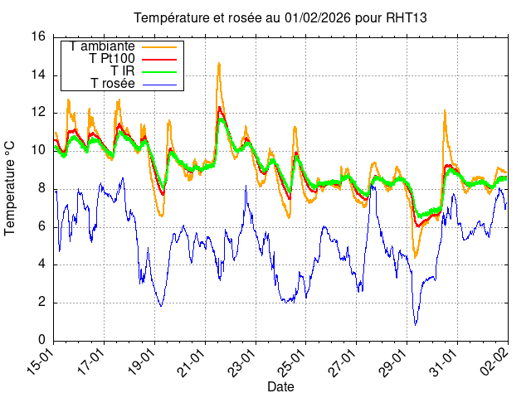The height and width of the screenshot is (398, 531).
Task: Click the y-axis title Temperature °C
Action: (x=11, y=187)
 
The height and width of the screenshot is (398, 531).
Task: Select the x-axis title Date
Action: (x=280, y=386)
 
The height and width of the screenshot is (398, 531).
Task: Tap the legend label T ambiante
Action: (x=103, y=46)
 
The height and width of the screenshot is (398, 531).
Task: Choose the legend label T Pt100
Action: (x=112, y=59)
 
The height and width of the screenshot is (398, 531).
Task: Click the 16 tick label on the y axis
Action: (x=38, y=36)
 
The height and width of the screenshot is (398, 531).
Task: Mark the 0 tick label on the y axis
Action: (x=41, y=340)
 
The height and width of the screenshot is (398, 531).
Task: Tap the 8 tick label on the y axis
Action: (x=41, y=188)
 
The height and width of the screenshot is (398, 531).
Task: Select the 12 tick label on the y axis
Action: (x=38, y=113)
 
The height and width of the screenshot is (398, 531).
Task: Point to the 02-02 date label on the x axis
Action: (x=495, y=363)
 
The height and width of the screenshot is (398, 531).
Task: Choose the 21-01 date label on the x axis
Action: (x=192, y=363)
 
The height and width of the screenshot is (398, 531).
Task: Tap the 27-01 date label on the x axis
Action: (x=343, y=363)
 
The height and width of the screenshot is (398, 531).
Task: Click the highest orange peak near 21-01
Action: (x=219, y=63)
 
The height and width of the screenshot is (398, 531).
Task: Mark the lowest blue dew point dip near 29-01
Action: (x=416, y=324)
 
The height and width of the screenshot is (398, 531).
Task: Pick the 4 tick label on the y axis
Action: (x=41, y=265)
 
